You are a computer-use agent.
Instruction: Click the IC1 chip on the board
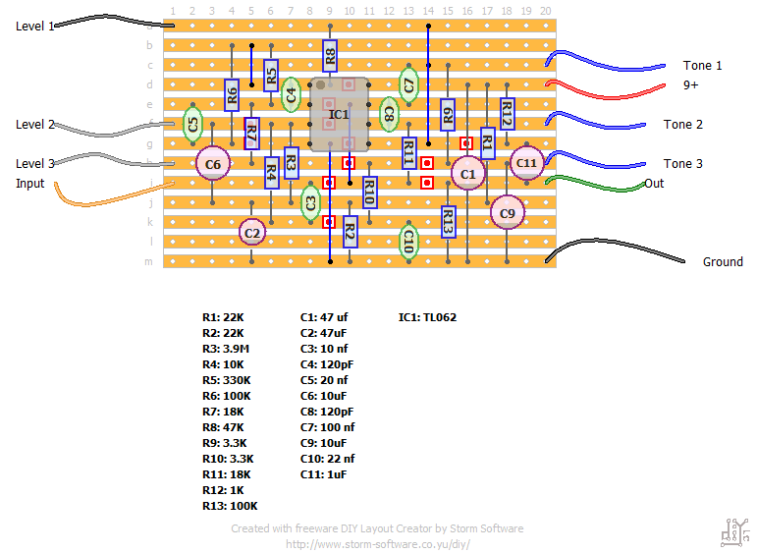pyautogui.click(x=339, y=115)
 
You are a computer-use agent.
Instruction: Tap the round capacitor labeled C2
pyautogui.click(x=252, y=233)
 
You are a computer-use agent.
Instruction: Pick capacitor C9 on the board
pyautogui.click(x=507, y=212)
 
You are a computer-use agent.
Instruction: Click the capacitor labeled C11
pyautogui.click(x=526, y=163)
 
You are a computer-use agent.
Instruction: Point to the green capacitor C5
pyautogui.click(x=193, y=124)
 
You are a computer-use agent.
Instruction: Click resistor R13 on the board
pyautogui.click(x=448, y=223)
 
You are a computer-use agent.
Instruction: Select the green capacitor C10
pyautogui.click(x=408, y=242)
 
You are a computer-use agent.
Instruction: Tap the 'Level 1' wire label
pyautogui.click(x=35, y=27)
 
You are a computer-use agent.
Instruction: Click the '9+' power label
pyautogui.click(x=691, y=85)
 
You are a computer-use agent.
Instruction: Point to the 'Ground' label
pyautogui.click(x=723, y=262)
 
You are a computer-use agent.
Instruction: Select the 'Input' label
pyautogui.click(x=30, y=184)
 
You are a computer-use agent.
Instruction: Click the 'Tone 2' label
pyautogui.click(x=683, y=125)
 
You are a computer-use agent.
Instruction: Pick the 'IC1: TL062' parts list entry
pyautogui.click(x=427, y=317)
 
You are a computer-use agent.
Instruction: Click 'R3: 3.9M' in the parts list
pyautogui.click(x=227, y=349)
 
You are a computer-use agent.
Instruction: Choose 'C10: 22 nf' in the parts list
pyautogui.click(x=327, y=459)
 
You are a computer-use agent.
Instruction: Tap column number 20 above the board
pyautogui.click(x=546, y=11)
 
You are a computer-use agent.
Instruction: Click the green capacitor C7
pyautogui.click(x=408, y=84)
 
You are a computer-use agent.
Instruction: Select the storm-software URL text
pyautogui.click(x=378, y=543)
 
